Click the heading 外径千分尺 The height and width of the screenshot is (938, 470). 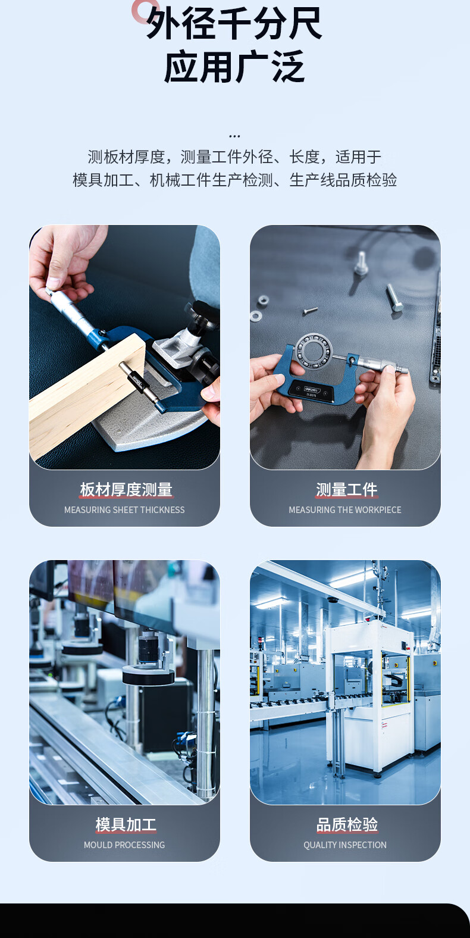point(234,24)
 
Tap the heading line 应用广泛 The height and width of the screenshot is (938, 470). point(234,67)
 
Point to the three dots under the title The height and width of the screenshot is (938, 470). point(235,136)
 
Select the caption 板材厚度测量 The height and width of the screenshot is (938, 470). point(126,489)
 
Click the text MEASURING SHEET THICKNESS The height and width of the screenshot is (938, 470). point(124,509)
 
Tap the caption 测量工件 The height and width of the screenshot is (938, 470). point(346,489)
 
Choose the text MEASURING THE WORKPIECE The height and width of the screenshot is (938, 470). point(345,509)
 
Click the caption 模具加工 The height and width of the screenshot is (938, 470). point(126,824)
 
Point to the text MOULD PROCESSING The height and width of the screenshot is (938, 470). point(124,845)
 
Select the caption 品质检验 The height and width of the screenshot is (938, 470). point(346,824)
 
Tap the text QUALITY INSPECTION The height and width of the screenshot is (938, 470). point(345,845)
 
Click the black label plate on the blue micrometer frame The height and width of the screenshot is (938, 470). point(311,392)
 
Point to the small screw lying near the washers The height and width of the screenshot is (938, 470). point(310,311)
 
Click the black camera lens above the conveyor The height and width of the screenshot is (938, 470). point(148,648)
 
